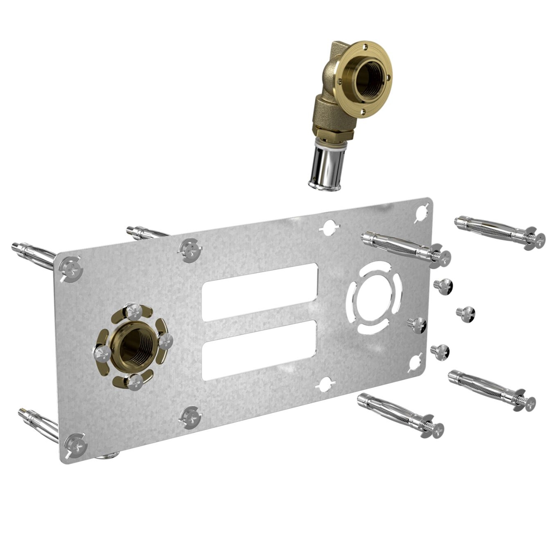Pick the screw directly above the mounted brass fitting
[x=134, y=312]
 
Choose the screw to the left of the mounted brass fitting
[x=102, y=353]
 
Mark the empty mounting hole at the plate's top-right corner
[x=421, y=213]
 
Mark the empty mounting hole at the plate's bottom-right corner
[x=415, y=362]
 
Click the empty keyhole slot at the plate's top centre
[x=329, y=227]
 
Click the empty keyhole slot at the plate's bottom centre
[x=325, y=385]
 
